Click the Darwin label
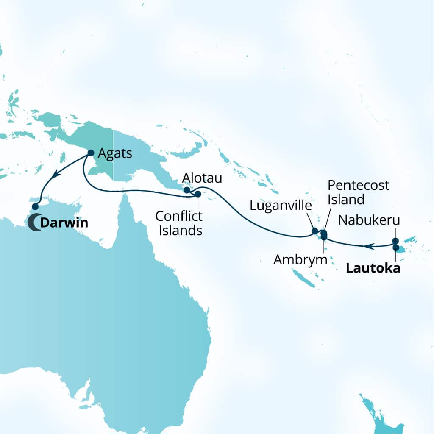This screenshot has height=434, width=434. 64,222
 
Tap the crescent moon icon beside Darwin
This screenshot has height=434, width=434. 34,222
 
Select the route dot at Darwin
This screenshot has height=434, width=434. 35,206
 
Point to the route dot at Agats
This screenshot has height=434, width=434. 91,153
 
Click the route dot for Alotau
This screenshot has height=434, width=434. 186,190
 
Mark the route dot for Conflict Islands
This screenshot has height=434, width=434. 198,194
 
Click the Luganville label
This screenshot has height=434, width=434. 280,206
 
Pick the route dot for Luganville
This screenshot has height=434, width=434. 315,231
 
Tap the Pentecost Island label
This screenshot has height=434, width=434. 346,192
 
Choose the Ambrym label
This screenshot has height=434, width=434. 300,259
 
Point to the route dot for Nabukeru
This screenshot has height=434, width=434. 395,241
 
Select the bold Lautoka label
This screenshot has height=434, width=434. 373,268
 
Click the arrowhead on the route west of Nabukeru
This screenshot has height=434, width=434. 369,245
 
